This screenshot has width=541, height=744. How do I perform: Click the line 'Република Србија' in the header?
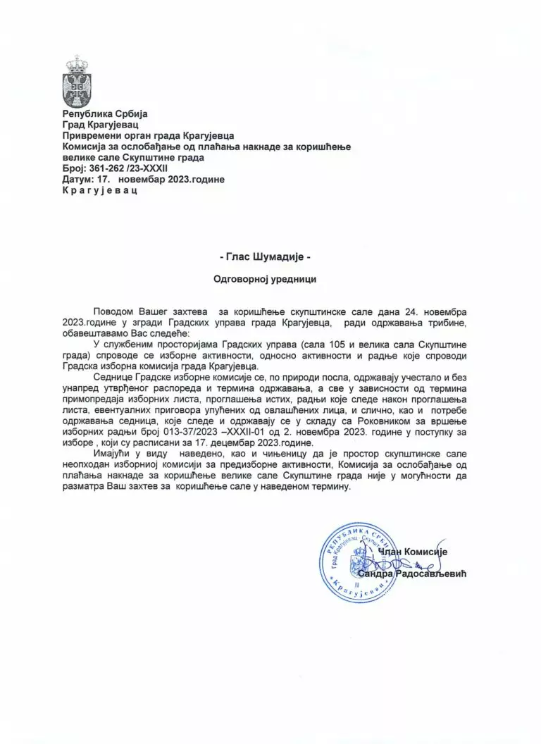(x=105, y=113)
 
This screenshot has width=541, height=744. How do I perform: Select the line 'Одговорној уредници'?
(x=270, y=279)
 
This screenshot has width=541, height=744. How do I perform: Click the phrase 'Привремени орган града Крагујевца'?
(x=147, y=135)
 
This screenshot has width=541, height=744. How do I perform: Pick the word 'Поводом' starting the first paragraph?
(x=115, y=311)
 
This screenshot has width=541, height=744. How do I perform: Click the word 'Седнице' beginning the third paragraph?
(x=113, y=377)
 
